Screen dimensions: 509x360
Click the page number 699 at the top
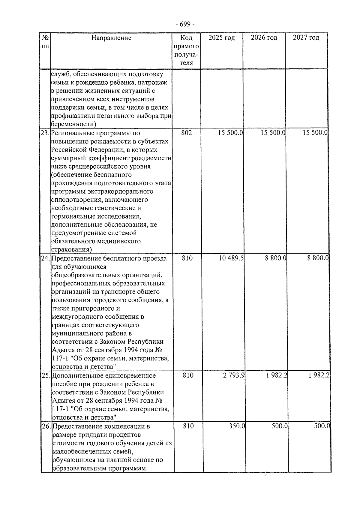coord(185,24)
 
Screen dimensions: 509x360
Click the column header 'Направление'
coord(111,38)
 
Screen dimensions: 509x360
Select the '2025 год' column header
coord(222,38)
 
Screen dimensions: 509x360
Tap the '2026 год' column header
coord(264,38)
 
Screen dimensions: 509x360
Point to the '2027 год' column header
coord(306,38)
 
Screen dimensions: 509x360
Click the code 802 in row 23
coord(187,133)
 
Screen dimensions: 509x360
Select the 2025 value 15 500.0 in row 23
coord(230,133)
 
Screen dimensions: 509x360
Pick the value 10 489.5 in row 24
coord(231,258)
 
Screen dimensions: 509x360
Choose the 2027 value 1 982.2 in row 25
coord(319,375)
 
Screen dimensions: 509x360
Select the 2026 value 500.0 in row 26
coord(280,426)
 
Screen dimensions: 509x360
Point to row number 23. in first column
coord(46,133)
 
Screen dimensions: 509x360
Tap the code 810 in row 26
coord(188,426)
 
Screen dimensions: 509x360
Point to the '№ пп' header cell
coord(45,42)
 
